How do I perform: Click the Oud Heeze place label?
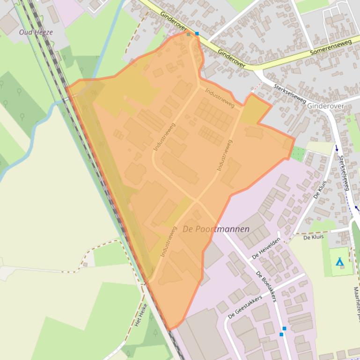click(x=36, y=32)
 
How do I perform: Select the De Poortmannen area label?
click(x=216, y=229)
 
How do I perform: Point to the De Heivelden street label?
click(x=266, y=248)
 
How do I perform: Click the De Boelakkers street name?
click(x=267, y=286)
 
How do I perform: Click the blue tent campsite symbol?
click(x=339, y=262)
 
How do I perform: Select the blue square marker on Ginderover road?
click(x=197, y=34)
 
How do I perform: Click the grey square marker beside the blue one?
click(x=189, y=34)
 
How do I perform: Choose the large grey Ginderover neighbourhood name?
click(x=325, y=106)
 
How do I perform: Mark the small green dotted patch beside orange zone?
click(x=298, y=153)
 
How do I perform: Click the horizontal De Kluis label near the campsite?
click(x=313, y=238)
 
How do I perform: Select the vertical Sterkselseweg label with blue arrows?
click(x=344, y=173)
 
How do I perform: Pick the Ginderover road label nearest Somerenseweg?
click(x=232, y=59)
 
